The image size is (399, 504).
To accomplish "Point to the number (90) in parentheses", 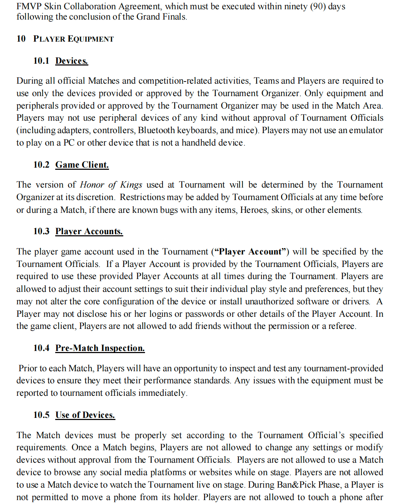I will pyautogui.click(x=318, y=6).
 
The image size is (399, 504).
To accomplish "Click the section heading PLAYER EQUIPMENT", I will pyautogui.click(x=73, y=39).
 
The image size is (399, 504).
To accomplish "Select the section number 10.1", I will pyautogui.click(x=41, y=61).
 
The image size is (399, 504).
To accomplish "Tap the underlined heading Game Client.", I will pyautogui.click(x=82, y=165).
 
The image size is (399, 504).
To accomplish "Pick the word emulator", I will pyautogui.click(x=366, y=130).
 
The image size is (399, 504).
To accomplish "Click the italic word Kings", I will pyautogui.click(x=131, y=185).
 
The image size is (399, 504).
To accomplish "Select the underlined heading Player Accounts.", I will pyautogui.click(x=89, y=231).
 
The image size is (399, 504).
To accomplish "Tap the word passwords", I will pyautogui.click(x=204, y=314).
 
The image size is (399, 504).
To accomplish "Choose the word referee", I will pyautogui.click(x=342, y=326).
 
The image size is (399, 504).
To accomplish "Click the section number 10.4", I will pyautogui.click(x=41, y=348).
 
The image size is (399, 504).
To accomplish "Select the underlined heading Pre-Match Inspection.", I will pyautogui.click(x=100, y=348).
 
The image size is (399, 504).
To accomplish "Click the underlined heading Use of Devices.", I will pyautogui.click(x=85, y=415).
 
